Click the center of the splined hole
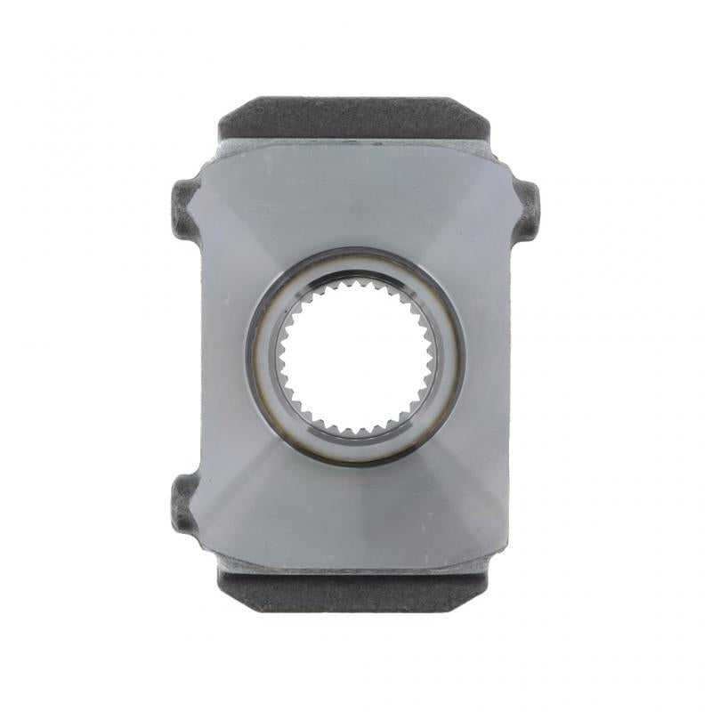click(355, 356)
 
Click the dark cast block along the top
click(355, 117)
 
